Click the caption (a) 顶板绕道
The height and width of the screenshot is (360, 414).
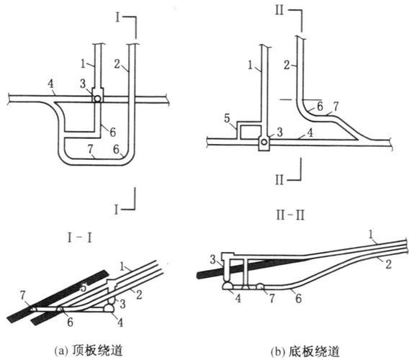coord(89,351)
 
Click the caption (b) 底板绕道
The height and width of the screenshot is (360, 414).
coord(305,351)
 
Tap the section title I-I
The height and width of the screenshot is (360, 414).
coord(79,238)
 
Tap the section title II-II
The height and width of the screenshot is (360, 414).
coord(290,215)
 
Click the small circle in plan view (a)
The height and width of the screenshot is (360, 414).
coord(97,99)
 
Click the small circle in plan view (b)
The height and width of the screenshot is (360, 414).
coord(264,143)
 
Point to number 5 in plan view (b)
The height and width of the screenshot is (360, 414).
coord(227,119)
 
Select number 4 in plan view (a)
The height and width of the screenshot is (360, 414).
coord(50,84)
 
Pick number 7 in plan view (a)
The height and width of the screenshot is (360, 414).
coord(90,150)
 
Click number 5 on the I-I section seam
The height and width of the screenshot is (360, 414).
coord(84,287)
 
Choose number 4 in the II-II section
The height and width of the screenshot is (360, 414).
coord(238,299)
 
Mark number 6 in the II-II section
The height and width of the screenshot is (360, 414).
coord(298,299)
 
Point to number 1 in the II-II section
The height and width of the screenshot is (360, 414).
coord(371,235)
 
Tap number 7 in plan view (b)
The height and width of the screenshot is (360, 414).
coord(336,107)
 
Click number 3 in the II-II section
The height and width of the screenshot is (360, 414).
coord(213,260)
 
